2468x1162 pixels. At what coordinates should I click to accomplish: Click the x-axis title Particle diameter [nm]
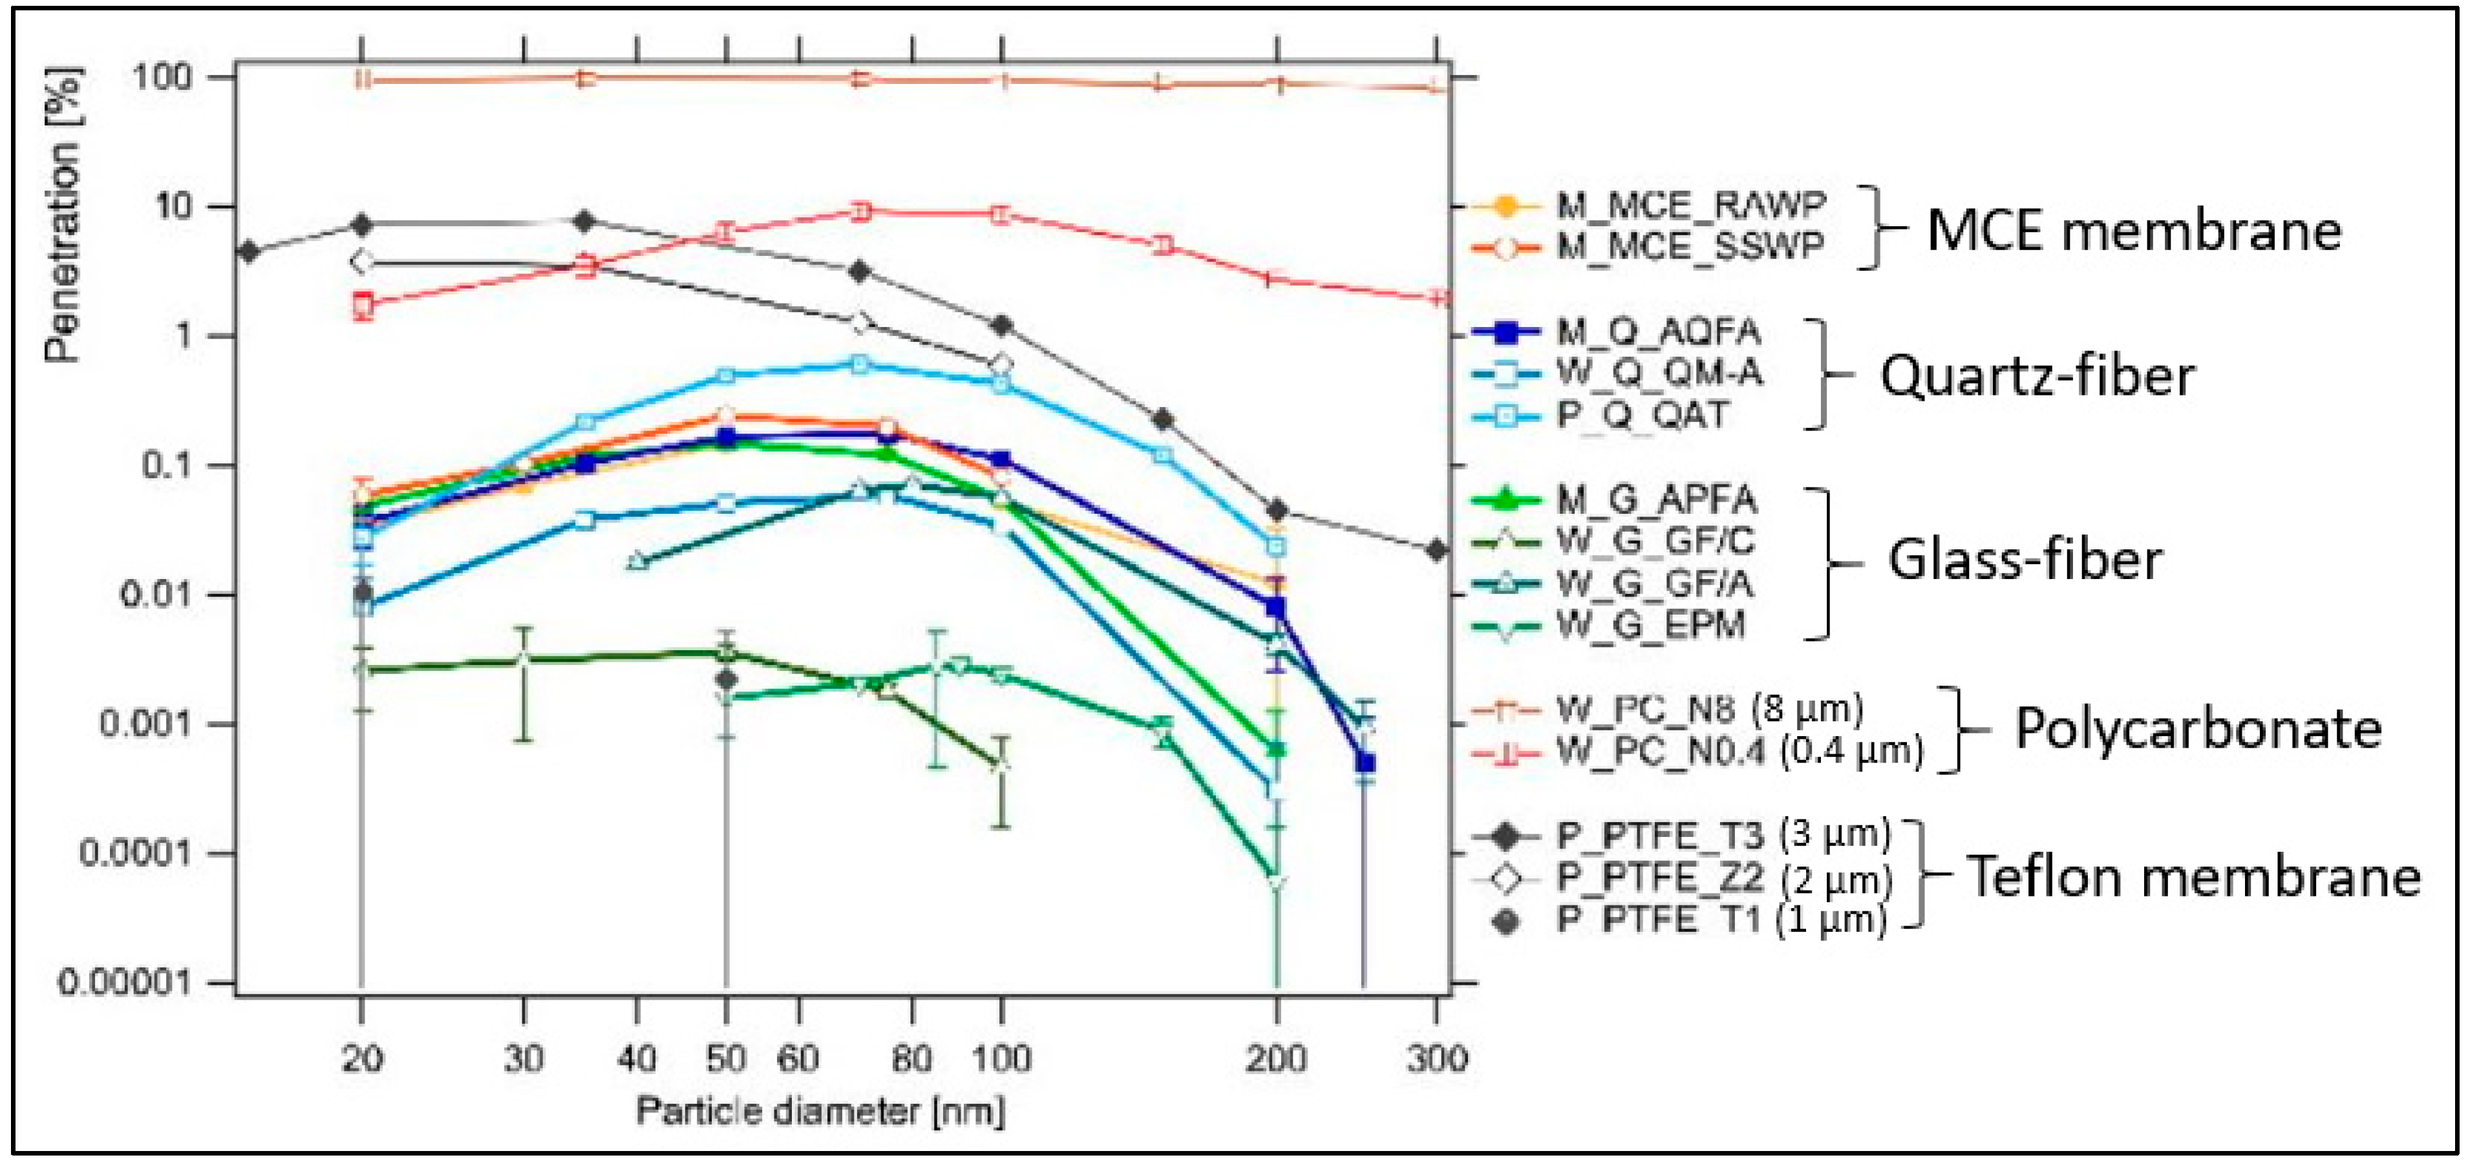point(820,1111)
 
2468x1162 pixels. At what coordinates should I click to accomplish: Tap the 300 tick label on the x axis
point(1435,1059)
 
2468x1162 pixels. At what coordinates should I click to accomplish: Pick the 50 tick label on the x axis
point(725,1059)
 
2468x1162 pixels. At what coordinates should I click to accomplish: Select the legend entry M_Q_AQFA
point(1657,332)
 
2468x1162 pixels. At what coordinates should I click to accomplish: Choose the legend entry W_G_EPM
point(1650,624)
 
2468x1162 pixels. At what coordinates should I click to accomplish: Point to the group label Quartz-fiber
point(2037,375)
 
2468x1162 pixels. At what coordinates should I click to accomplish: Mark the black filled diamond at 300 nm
point(1435,550)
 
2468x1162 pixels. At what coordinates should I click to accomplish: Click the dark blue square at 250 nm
point(1365,763)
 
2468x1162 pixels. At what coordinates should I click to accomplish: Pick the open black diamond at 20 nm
point(362,260)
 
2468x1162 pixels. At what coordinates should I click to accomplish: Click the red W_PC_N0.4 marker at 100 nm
point(1001,215)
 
